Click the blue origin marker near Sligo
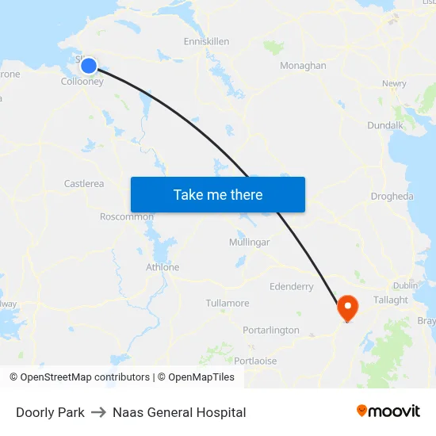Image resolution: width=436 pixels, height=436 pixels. click(89, 66)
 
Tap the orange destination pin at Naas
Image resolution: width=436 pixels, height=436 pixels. click(347, 306)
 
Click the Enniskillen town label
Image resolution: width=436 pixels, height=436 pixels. click(206, 40)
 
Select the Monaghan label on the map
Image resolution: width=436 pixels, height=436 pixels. click(303, 66)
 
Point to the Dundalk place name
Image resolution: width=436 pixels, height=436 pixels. click(385, 125)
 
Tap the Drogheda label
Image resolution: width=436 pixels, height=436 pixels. click(392, 197)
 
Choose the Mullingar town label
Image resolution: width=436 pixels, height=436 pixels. click(249, 242)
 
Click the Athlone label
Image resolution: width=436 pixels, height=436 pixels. click(163, 267)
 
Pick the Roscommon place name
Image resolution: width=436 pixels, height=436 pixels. click(127, 216)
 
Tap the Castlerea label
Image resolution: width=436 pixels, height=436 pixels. click(84, 184)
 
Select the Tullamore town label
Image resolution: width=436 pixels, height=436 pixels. click(228, 304)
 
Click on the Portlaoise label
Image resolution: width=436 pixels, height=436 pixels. click(256, 361)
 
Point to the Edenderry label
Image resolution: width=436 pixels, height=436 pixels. click(292, 287)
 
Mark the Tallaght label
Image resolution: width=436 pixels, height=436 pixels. click(391, 300)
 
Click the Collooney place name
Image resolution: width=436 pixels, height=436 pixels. click(82, 81)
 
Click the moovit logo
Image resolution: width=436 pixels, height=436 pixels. click(388, 411)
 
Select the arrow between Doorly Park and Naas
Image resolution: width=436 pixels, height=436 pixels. click(98, 412)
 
